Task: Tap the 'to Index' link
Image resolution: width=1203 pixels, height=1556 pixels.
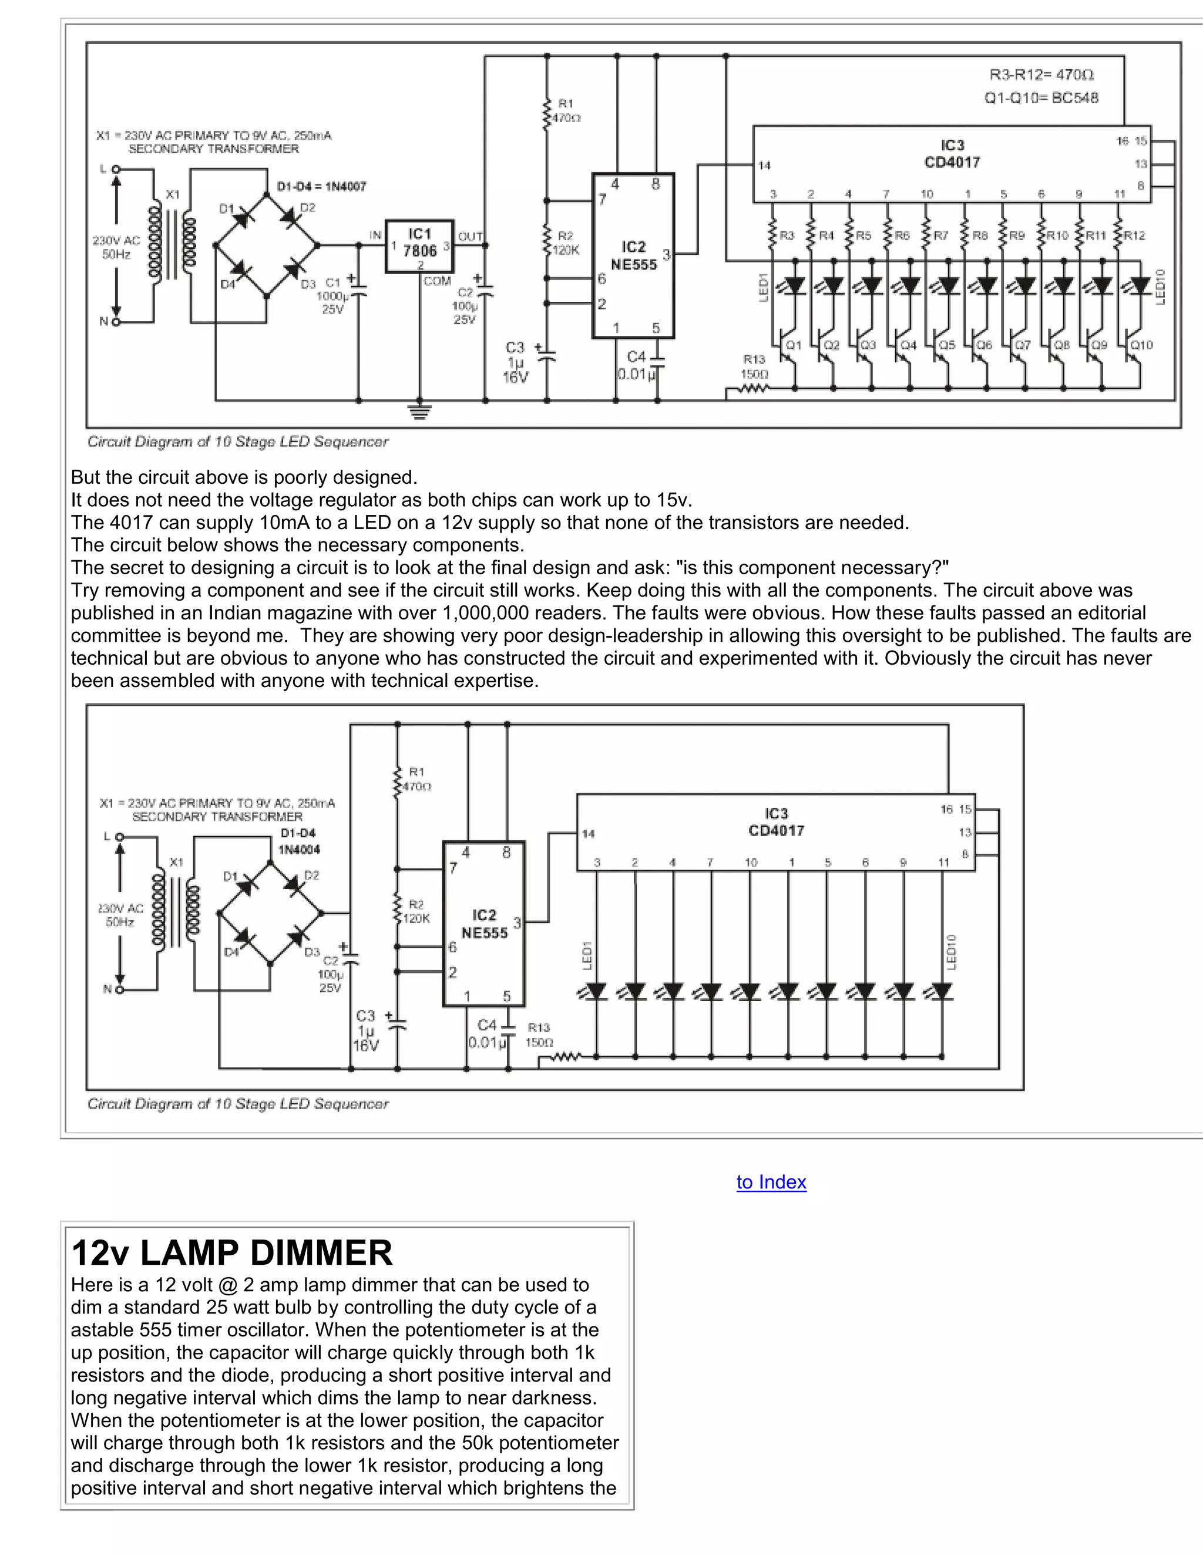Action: pyautogui.click(x=771, y=1182)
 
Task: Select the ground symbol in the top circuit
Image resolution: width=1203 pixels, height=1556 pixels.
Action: pyautogui.click(x=419, y=411)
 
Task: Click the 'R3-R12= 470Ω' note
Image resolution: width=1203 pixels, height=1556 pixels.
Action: pyautogui.click(x=1041, y=75)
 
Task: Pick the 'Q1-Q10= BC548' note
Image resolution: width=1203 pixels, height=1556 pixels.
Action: pyautogui.click(x=1041, y=97)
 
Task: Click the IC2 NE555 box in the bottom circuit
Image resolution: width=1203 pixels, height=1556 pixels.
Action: pyautogui.click(x=484, y=924)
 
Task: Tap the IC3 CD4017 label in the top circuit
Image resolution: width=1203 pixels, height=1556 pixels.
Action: pyautogui.click(x=952, y=154)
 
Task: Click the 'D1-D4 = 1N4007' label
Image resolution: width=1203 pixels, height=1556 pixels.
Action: pyautogui.click(x=321, y=187)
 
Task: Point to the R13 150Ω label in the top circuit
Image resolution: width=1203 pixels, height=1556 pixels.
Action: pyautogui.click(x=754, y=366)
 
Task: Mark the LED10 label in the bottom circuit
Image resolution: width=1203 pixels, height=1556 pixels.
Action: pyautogui.click(x=952, y=951)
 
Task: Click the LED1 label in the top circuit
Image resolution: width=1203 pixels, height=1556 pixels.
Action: pyautogui.click(x=763, y=287)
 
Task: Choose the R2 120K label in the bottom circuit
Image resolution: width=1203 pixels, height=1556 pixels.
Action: pyautogui.click(x=417, y=911)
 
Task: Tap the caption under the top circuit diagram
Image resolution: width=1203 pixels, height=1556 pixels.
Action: pyautogui.click(x=237, y=442)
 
